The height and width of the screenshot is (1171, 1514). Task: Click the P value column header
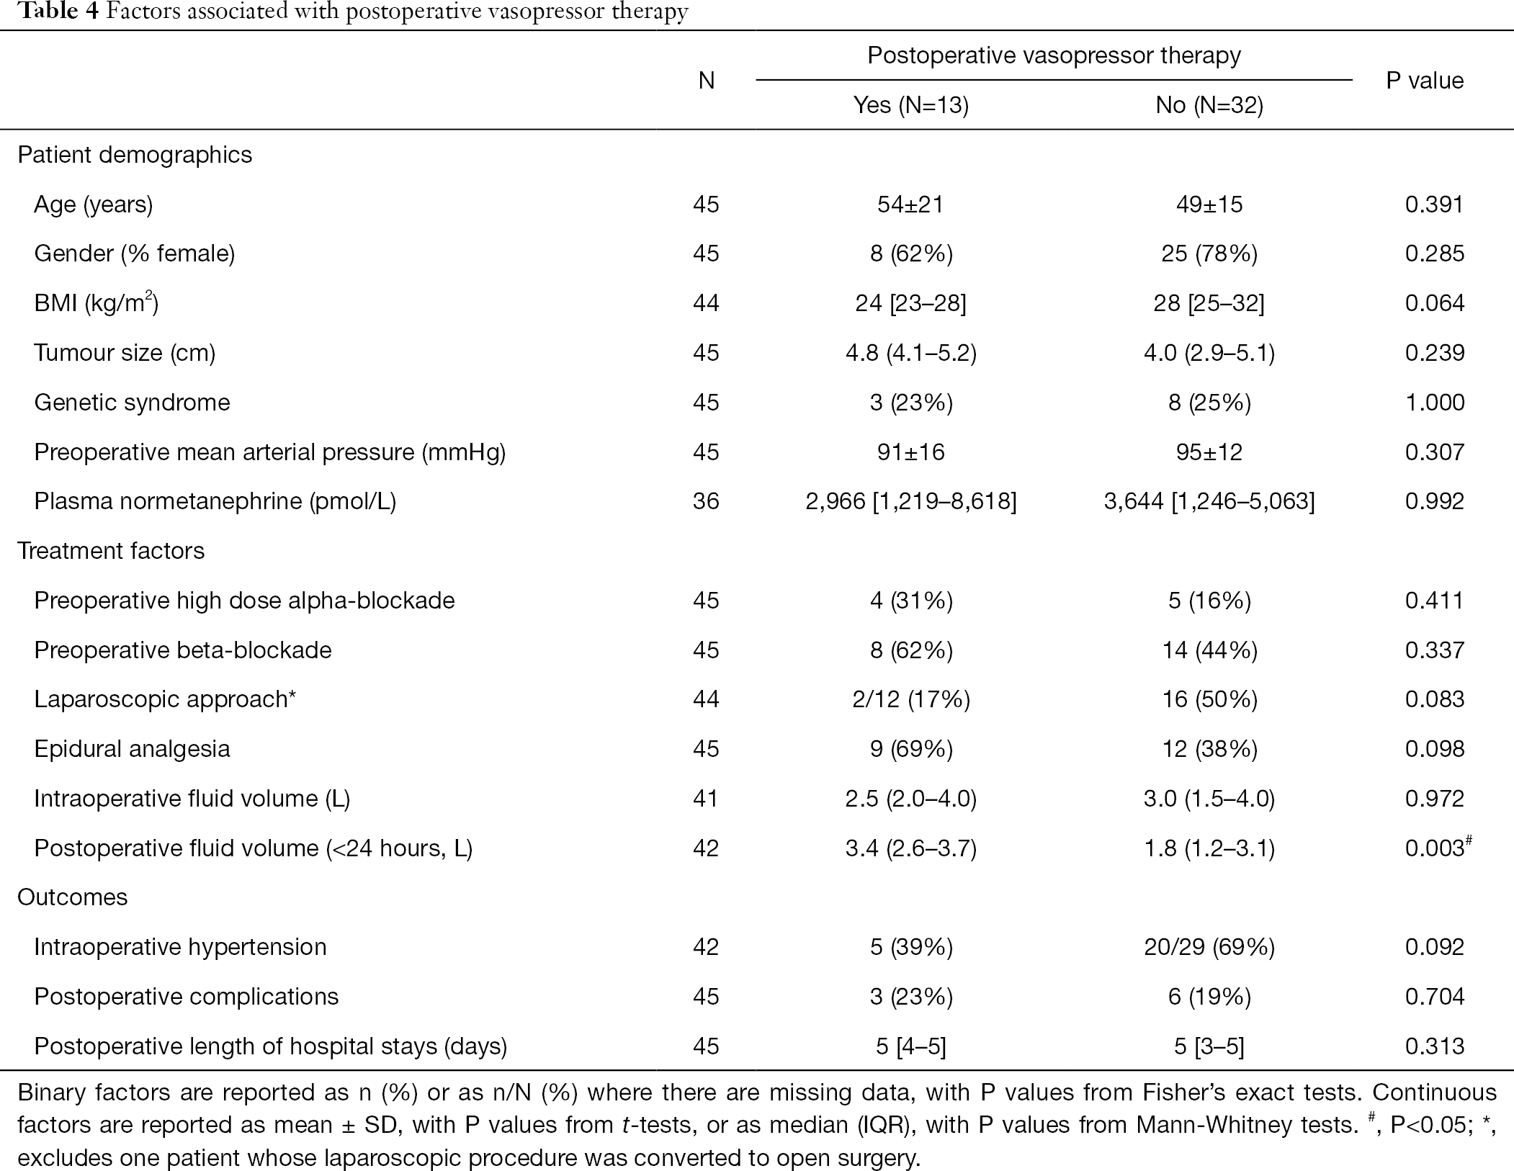1425,81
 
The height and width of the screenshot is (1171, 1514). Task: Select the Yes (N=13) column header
911,106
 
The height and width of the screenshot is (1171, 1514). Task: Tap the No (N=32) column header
1209,106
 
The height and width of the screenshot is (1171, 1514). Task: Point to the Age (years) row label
94,205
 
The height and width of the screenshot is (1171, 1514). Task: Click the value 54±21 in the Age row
910,205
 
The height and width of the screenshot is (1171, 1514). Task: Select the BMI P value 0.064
1435,303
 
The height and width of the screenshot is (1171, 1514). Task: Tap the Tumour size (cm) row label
125,354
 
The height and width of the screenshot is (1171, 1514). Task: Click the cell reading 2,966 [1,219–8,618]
911,501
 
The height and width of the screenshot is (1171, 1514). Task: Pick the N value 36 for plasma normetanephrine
706,501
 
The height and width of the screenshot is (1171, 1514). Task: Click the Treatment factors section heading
111,551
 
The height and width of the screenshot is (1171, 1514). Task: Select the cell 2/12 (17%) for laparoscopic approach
911,700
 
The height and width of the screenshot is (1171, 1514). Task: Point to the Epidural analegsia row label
132,750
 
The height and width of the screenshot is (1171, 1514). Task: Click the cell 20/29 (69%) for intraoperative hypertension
1209,947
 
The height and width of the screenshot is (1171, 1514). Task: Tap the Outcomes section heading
73,897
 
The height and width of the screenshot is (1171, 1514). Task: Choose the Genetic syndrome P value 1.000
1435,402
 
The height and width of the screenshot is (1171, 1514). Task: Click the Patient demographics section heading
135,156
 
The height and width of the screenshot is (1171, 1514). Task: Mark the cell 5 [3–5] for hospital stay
1209,1046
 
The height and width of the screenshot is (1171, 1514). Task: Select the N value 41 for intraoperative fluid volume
706,799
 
